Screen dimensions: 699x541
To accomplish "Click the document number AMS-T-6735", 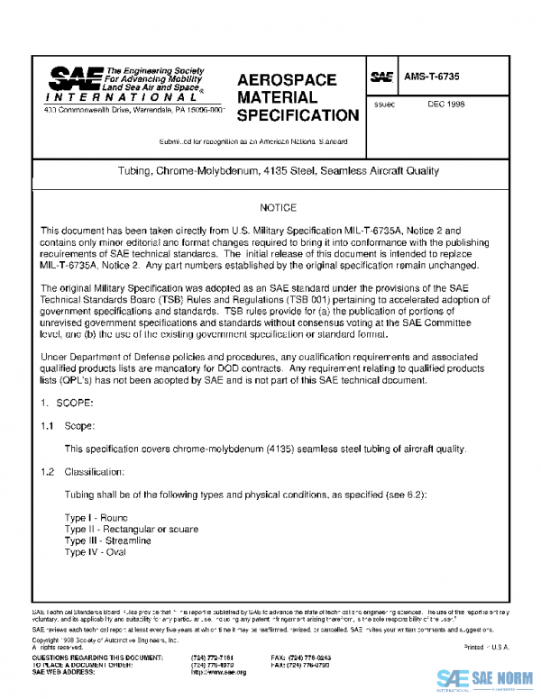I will coord(433,78).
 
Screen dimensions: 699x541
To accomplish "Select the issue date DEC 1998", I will coord(446,104).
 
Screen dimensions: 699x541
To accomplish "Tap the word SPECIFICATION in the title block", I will coord(297,115).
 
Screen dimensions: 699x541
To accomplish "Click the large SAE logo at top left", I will coord(76,78).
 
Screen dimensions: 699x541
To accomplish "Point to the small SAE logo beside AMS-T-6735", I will coord(382,78).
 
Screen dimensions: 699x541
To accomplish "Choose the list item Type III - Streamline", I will coord(107,540).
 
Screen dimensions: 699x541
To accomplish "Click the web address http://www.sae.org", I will coord(218,672).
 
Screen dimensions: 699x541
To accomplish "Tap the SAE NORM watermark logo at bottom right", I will coord(483,677).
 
